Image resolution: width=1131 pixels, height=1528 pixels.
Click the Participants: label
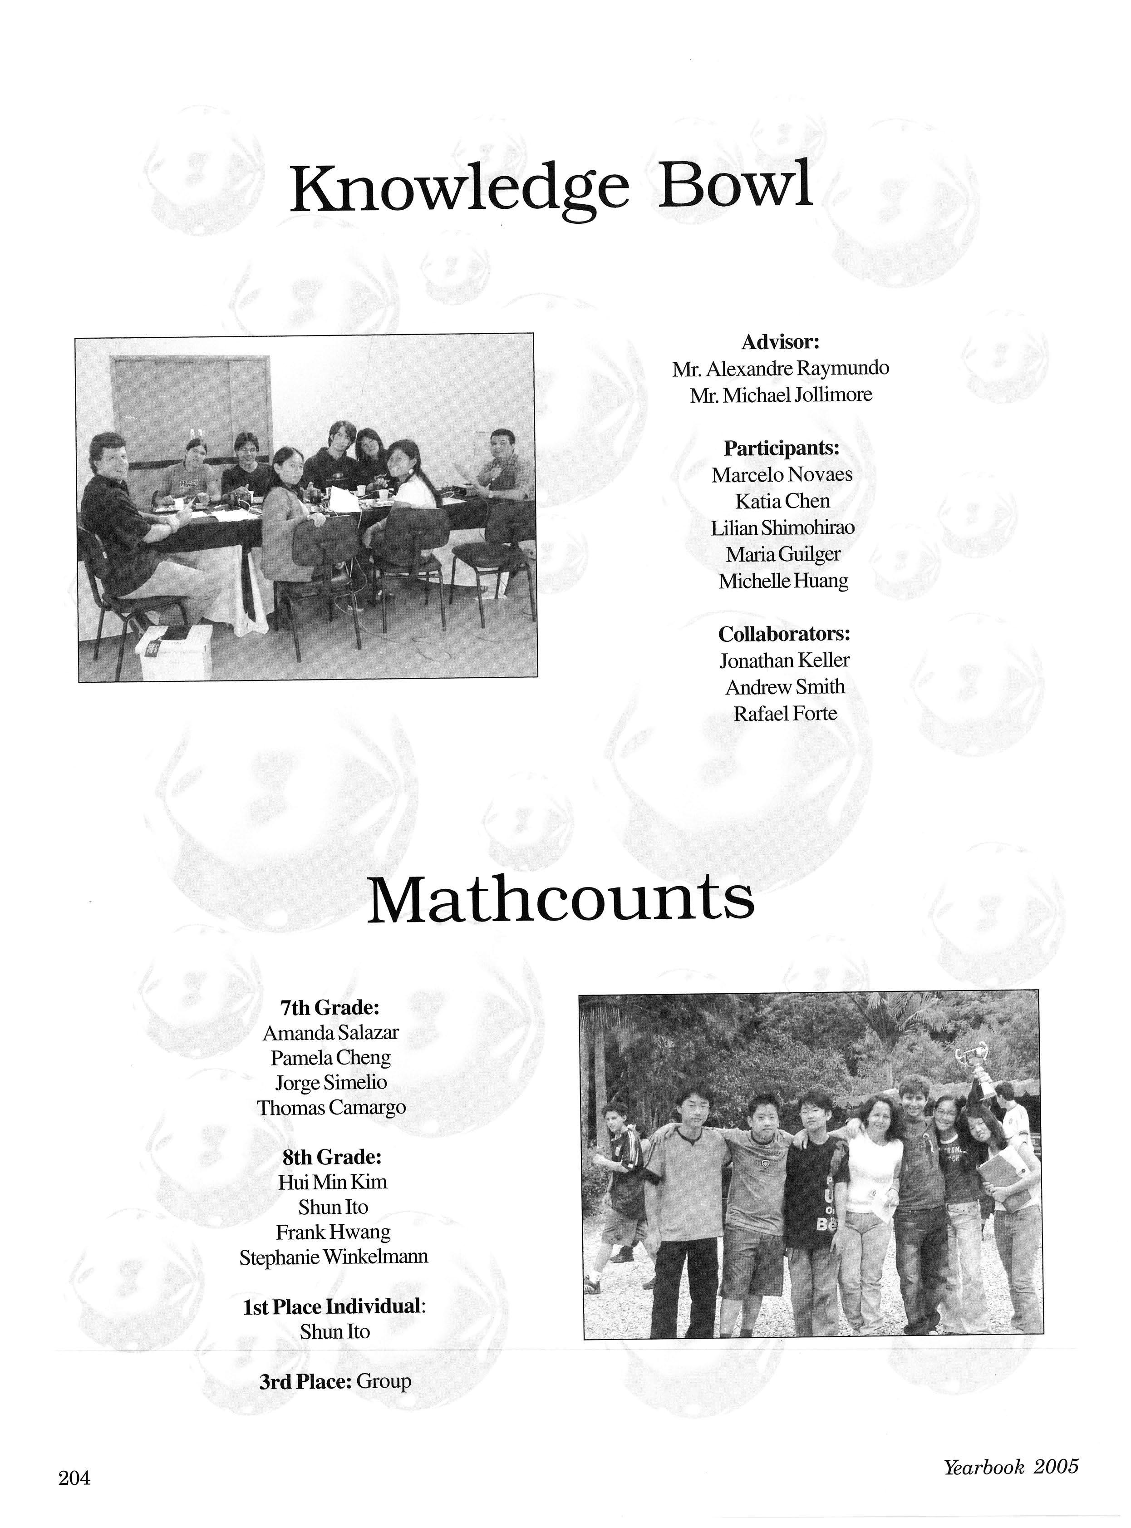(781, 449)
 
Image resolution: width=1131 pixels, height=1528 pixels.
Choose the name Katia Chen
(782, 502)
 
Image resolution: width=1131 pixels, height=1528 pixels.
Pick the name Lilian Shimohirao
(782, 528)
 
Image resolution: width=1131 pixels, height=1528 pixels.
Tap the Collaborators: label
(784, 634)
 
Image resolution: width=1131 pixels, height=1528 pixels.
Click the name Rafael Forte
(785, 714)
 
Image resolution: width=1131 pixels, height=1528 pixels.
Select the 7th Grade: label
(329, 1008)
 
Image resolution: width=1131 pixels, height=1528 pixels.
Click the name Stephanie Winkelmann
(334, 1257)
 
